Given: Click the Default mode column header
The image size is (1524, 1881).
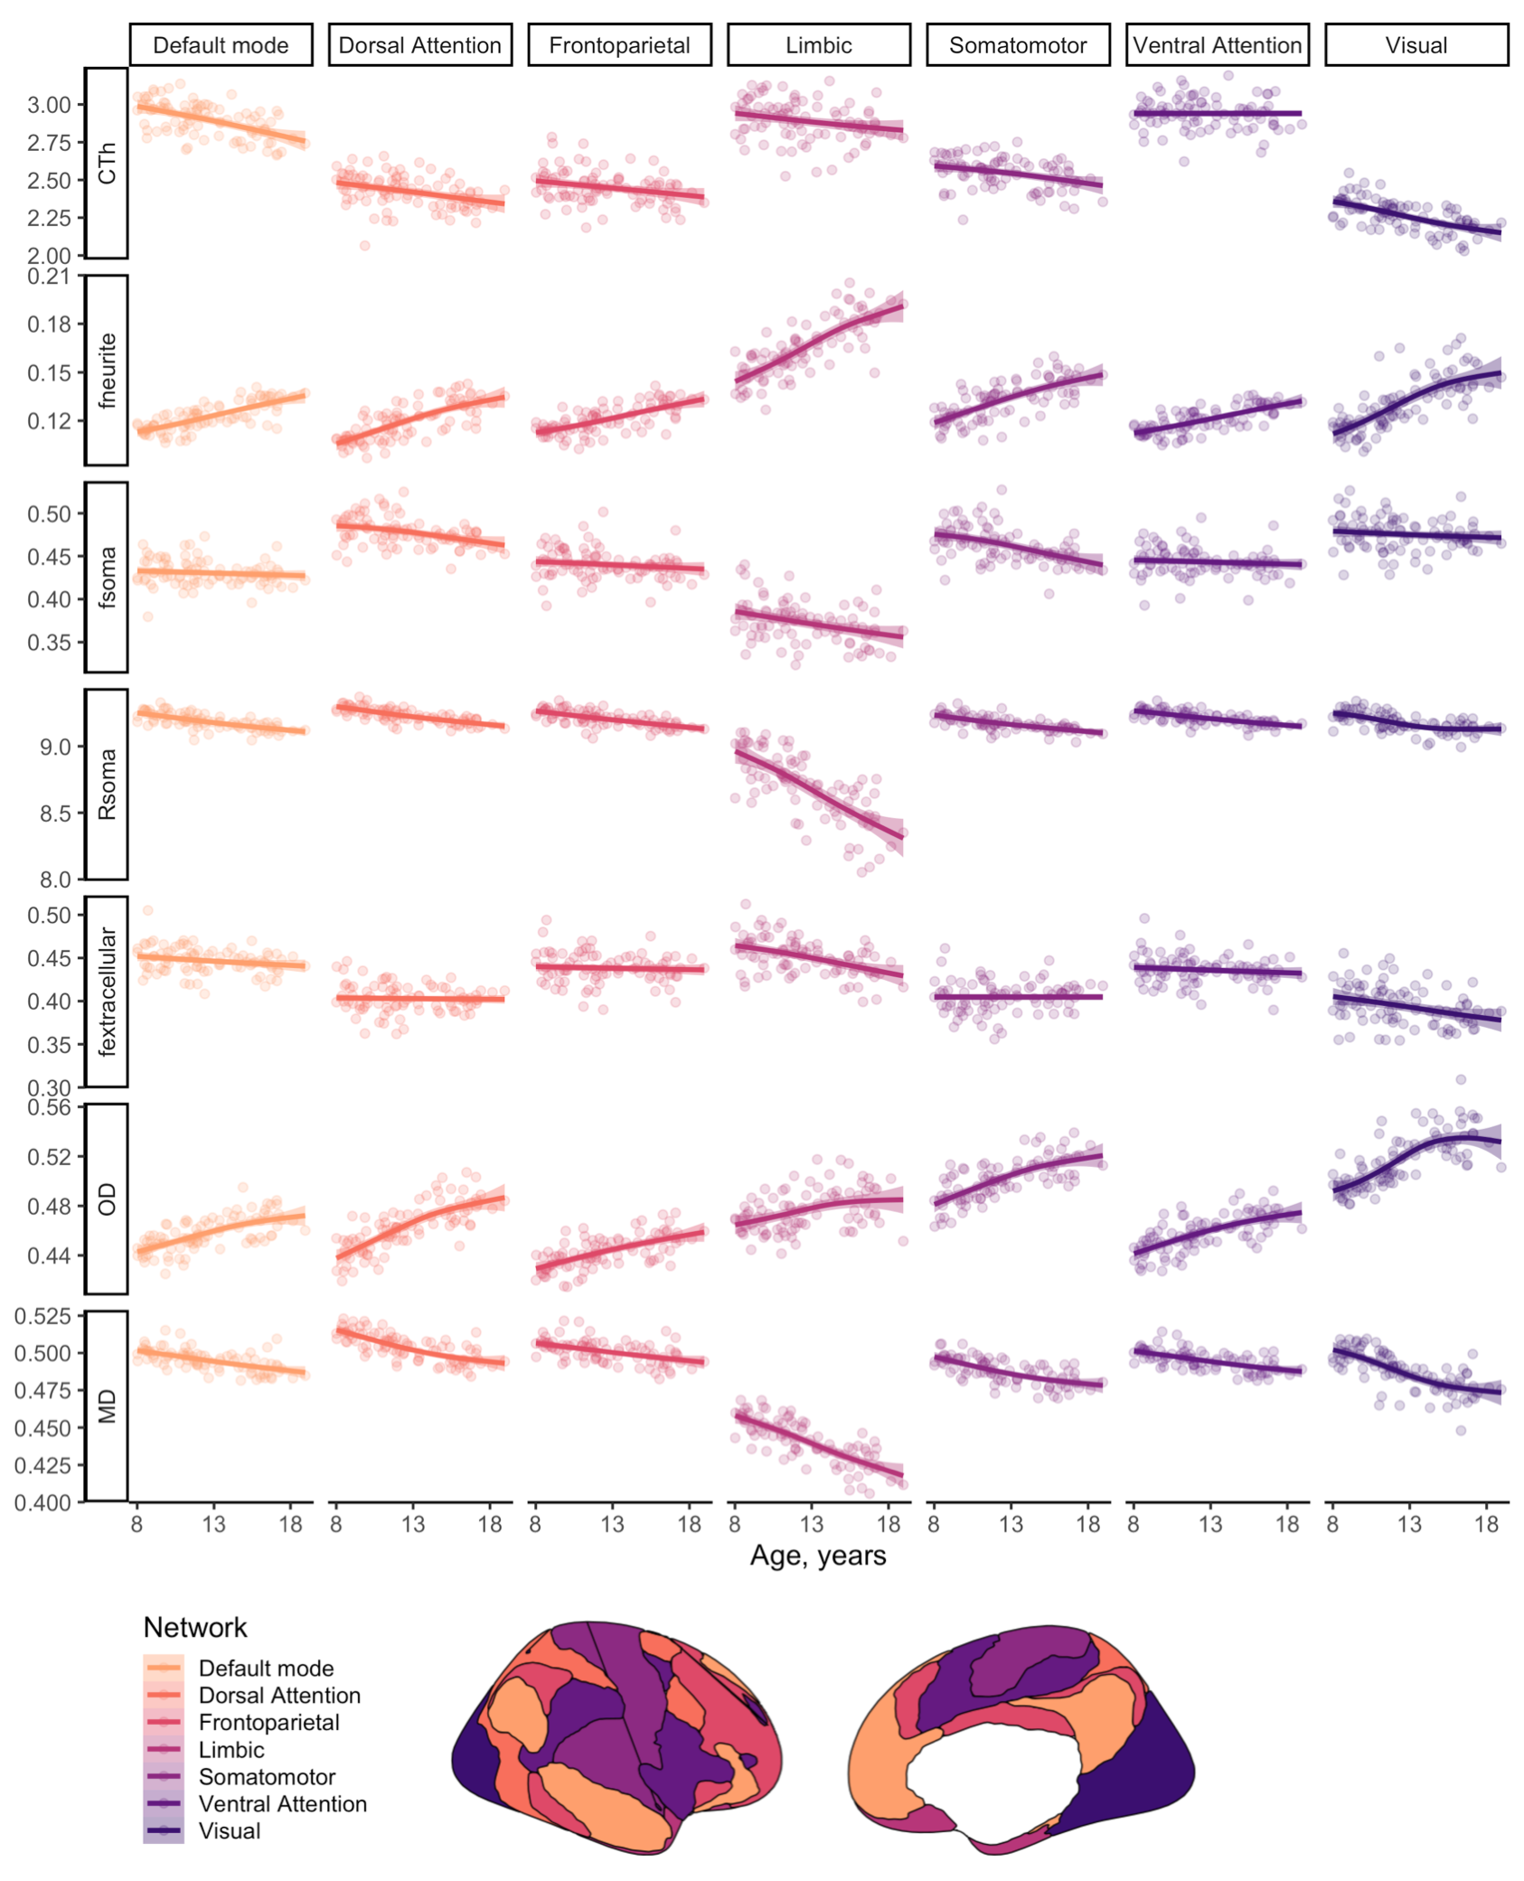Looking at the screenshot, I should [221, 45].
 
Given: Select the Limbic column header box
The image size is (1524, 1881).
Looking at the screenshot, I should [818, 45].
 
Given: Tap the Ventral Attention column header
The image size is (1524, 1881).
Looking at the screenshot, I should [1217, 45].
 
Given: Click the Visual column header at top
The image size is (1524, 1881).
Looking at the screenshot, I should [1416, 45].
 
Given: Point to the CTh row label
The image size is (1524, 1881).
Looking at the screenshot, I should [107, 163].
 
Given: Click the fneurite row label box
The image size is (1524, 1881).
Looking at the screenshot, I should [107, 371].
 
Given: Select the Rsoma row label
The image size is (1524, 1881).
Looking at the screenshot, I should [107, 784].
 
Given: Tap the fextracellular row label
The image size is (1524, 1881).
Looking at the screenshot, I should [107, 992].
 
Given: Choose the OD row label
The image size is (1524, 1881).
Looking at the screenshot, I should [107, 1199].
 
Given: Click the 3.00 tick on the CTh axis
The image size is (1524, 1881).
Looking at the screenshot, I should [49, 105].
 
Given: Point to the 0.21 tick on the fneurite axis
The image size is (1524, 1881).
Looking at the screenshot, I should [49, 276].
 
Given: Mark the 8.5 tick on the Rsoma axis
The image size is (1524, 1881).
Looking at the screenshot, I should [54, 814].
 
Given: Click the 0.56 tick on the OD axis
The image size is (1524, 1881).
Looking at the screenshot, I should [49, 1107].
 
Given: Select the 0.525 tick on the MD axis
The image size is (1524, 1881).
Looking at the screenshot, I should [43, 1316].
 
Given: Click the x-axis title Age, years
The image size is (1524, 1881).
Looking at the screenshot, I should [818, 1556].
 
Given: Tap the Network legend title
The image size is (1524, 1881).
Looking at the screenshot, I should [195, 1628].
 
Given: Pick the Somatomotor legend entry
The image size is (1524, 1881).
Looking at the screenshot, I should [267, 1777].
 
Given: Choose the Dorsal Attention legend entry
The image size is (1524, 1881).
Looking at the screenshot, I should [279, 1696].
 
